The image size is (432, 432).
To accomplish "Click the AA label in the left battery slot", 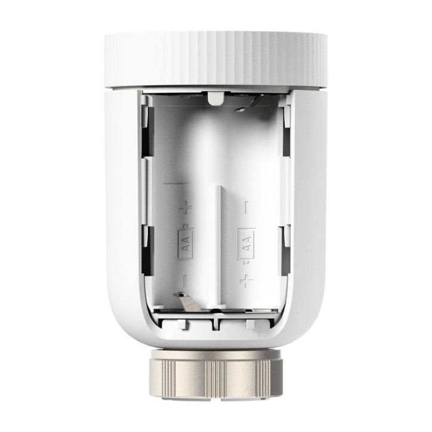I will (x=186, y=244).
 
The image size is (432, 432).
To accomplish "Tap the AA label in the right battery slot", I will (x=246, y=243).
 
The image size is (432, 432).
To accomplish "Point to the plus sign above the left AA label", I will (x=187, y=207).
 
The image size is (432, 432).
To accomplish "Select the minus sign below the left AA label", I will (x=185, y=278).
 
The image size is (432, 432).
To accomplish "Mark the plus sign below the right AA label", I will (x=246, y=279).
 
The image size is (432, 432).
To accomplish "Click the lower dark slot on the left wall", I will (x=146, y=251).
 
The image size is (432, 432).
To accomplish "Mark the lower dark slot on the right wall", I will (x=286, y=251).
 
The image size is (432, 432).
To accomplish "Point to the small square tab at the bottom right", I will (x=250, y=323).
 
